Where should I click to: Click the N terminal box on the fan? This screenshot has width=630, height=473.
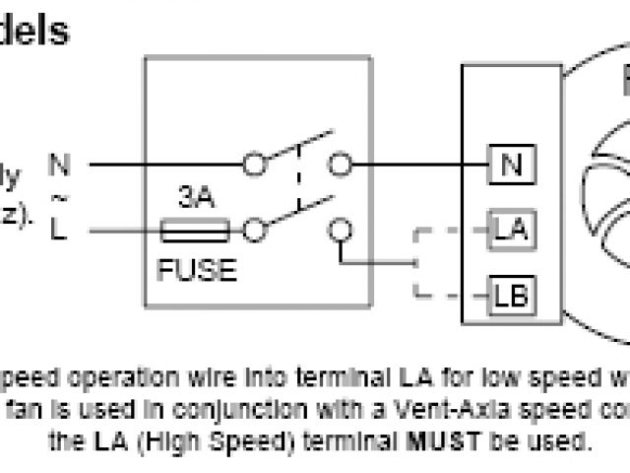pos(511,166)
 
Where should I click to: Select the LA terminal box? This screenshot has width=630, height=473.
pos(511,232)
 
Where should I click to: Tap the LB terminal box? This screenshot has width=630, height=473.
pos(511,294)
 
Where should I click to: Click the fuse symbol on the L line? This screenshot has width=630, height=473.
pos(194,232)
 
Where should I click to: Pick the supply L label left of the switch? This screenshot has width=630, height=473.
pos(60,232)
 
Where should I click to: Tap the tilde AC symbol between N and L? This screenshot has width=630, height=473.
pos(59,198)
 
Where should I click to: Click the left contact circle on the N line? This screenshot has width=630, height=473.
pos(255,165)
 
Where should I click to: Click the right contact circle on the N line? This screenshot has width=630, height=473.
pos(341,165)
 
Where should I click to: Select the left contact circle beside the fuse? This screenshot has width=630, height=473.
pos(255,232)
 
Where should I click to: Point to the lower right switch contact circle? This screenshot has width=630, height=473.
pos(341,232)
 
